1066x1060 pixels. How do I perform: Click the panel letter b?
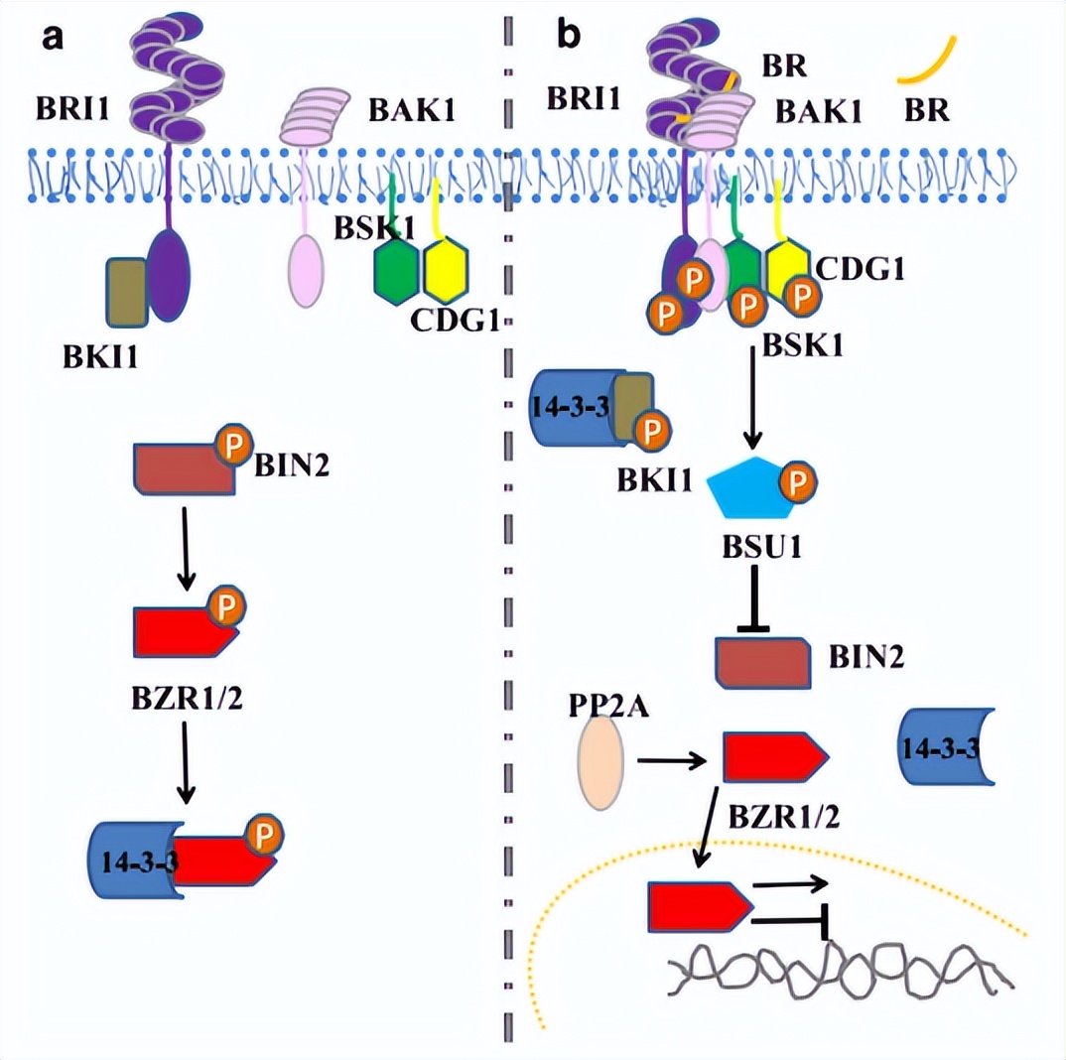(568, 36)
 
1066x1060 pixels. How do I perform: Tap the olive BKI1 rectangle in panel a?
(127, 291)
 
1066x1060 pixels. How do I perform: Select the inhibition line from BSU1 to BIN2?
(756, 596)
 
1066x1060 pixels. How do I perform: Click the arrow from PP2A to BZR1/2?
(670, 761)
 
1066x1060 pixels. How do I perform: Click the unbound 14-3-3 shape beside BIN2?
(939, 749)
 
